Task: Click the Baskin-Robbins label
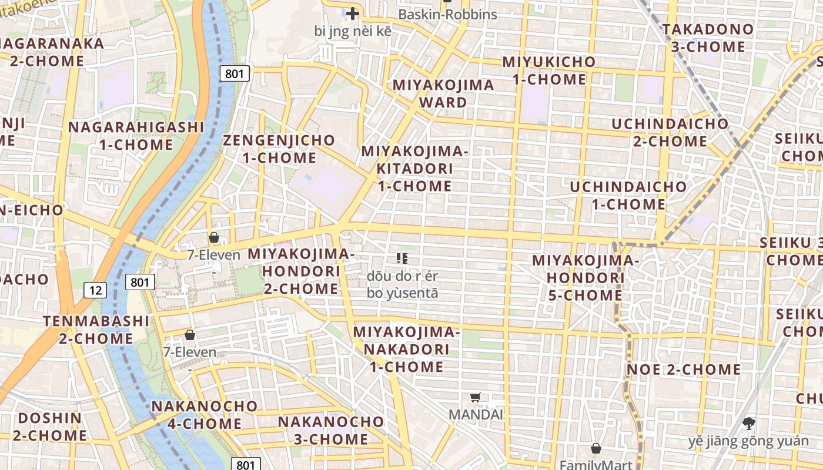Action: click(447, 15)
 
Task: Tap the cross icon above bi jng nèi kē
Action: click(352, 14)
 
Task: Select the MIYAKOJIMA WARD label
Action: click(443, 93)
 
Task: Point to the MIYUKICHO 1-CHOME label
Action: click(549, 70)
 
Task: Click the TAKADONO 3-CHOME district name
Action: click(708, 38)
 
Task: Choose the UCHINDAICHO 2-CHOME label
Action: click(670, 133)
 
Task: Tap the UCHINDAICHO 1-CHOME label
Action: click(628, 196)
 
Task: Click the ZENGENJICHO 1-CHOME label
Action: click(279, 149)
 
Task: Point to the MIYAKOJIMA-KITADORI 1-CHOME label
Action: click(414, 169)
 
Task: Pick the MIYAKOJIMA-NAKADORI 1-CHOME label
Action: click(406, 349)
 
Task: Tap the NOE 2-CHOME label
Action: click(684, 370)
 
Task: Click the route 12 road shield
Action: click(95, 290)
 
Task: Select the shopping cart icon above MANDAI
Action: click(476, 397)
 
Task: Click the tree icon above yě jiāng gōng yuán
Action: click(748, 423)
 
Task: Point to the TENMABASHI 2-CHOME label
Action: click(96, 330)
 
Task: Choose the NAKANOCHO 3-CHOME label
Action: click(330, 430)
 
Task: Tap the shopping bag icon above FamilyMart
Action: click(596, 448)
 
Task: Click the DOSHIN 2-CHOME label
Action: click(50, 427)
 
